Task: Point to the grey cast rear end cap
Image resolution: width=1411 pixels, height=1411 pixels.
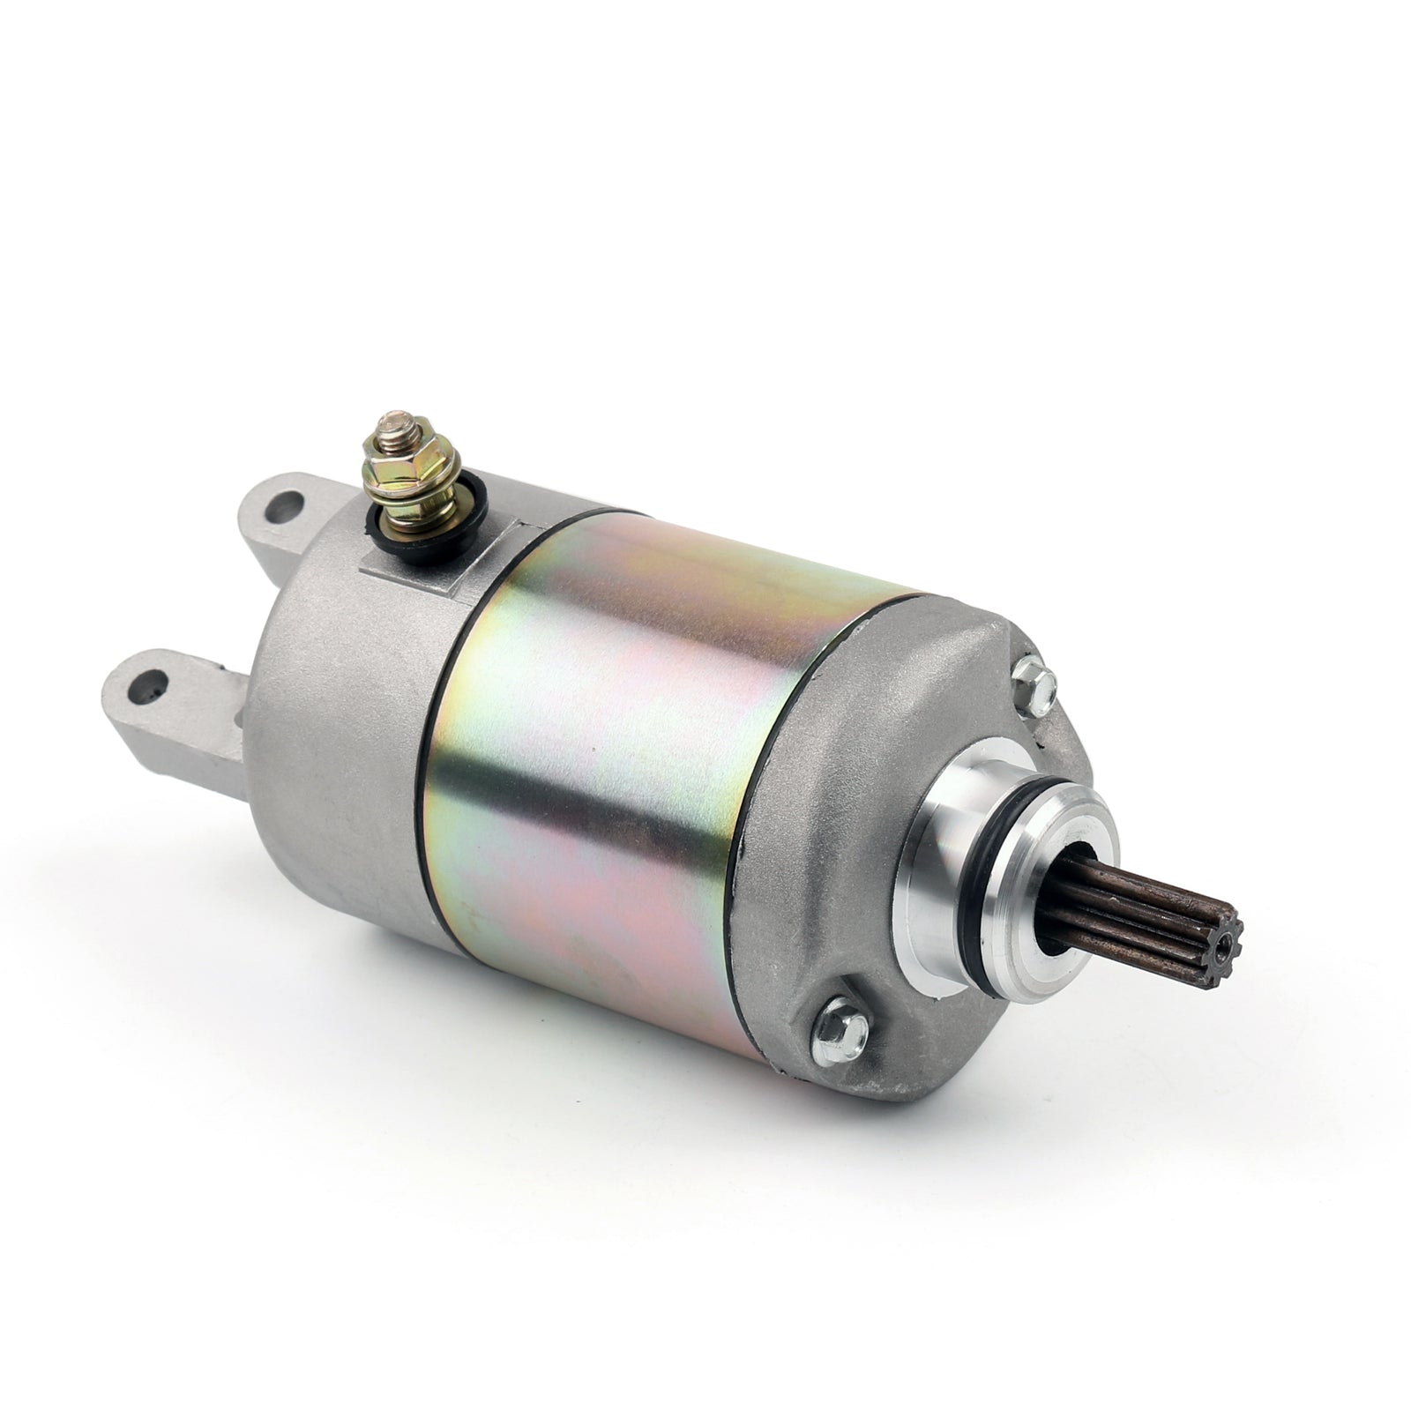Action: click(335, 705)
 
